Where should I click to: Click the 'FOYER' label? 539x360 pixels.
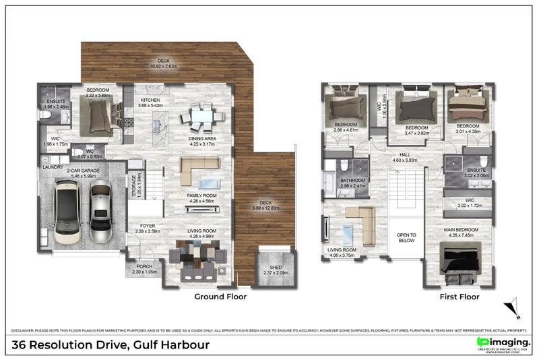point(148,226)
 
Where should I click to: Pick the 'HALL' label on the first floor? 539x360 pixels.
point(406,154)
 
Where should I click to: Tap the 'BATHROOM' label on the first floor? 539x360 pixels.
point(352,181)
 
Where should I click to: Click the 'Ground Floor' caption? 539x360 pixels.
point(220,297)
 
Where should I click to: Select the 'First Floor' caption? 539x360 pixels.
point(460,297)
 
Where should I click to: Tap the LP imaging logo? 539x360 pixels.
point(503,343)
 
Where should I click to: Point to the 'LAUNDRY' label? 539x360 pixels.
point(53,167)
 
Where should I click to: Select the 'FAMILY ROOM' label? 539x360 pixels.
point(201,196)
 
